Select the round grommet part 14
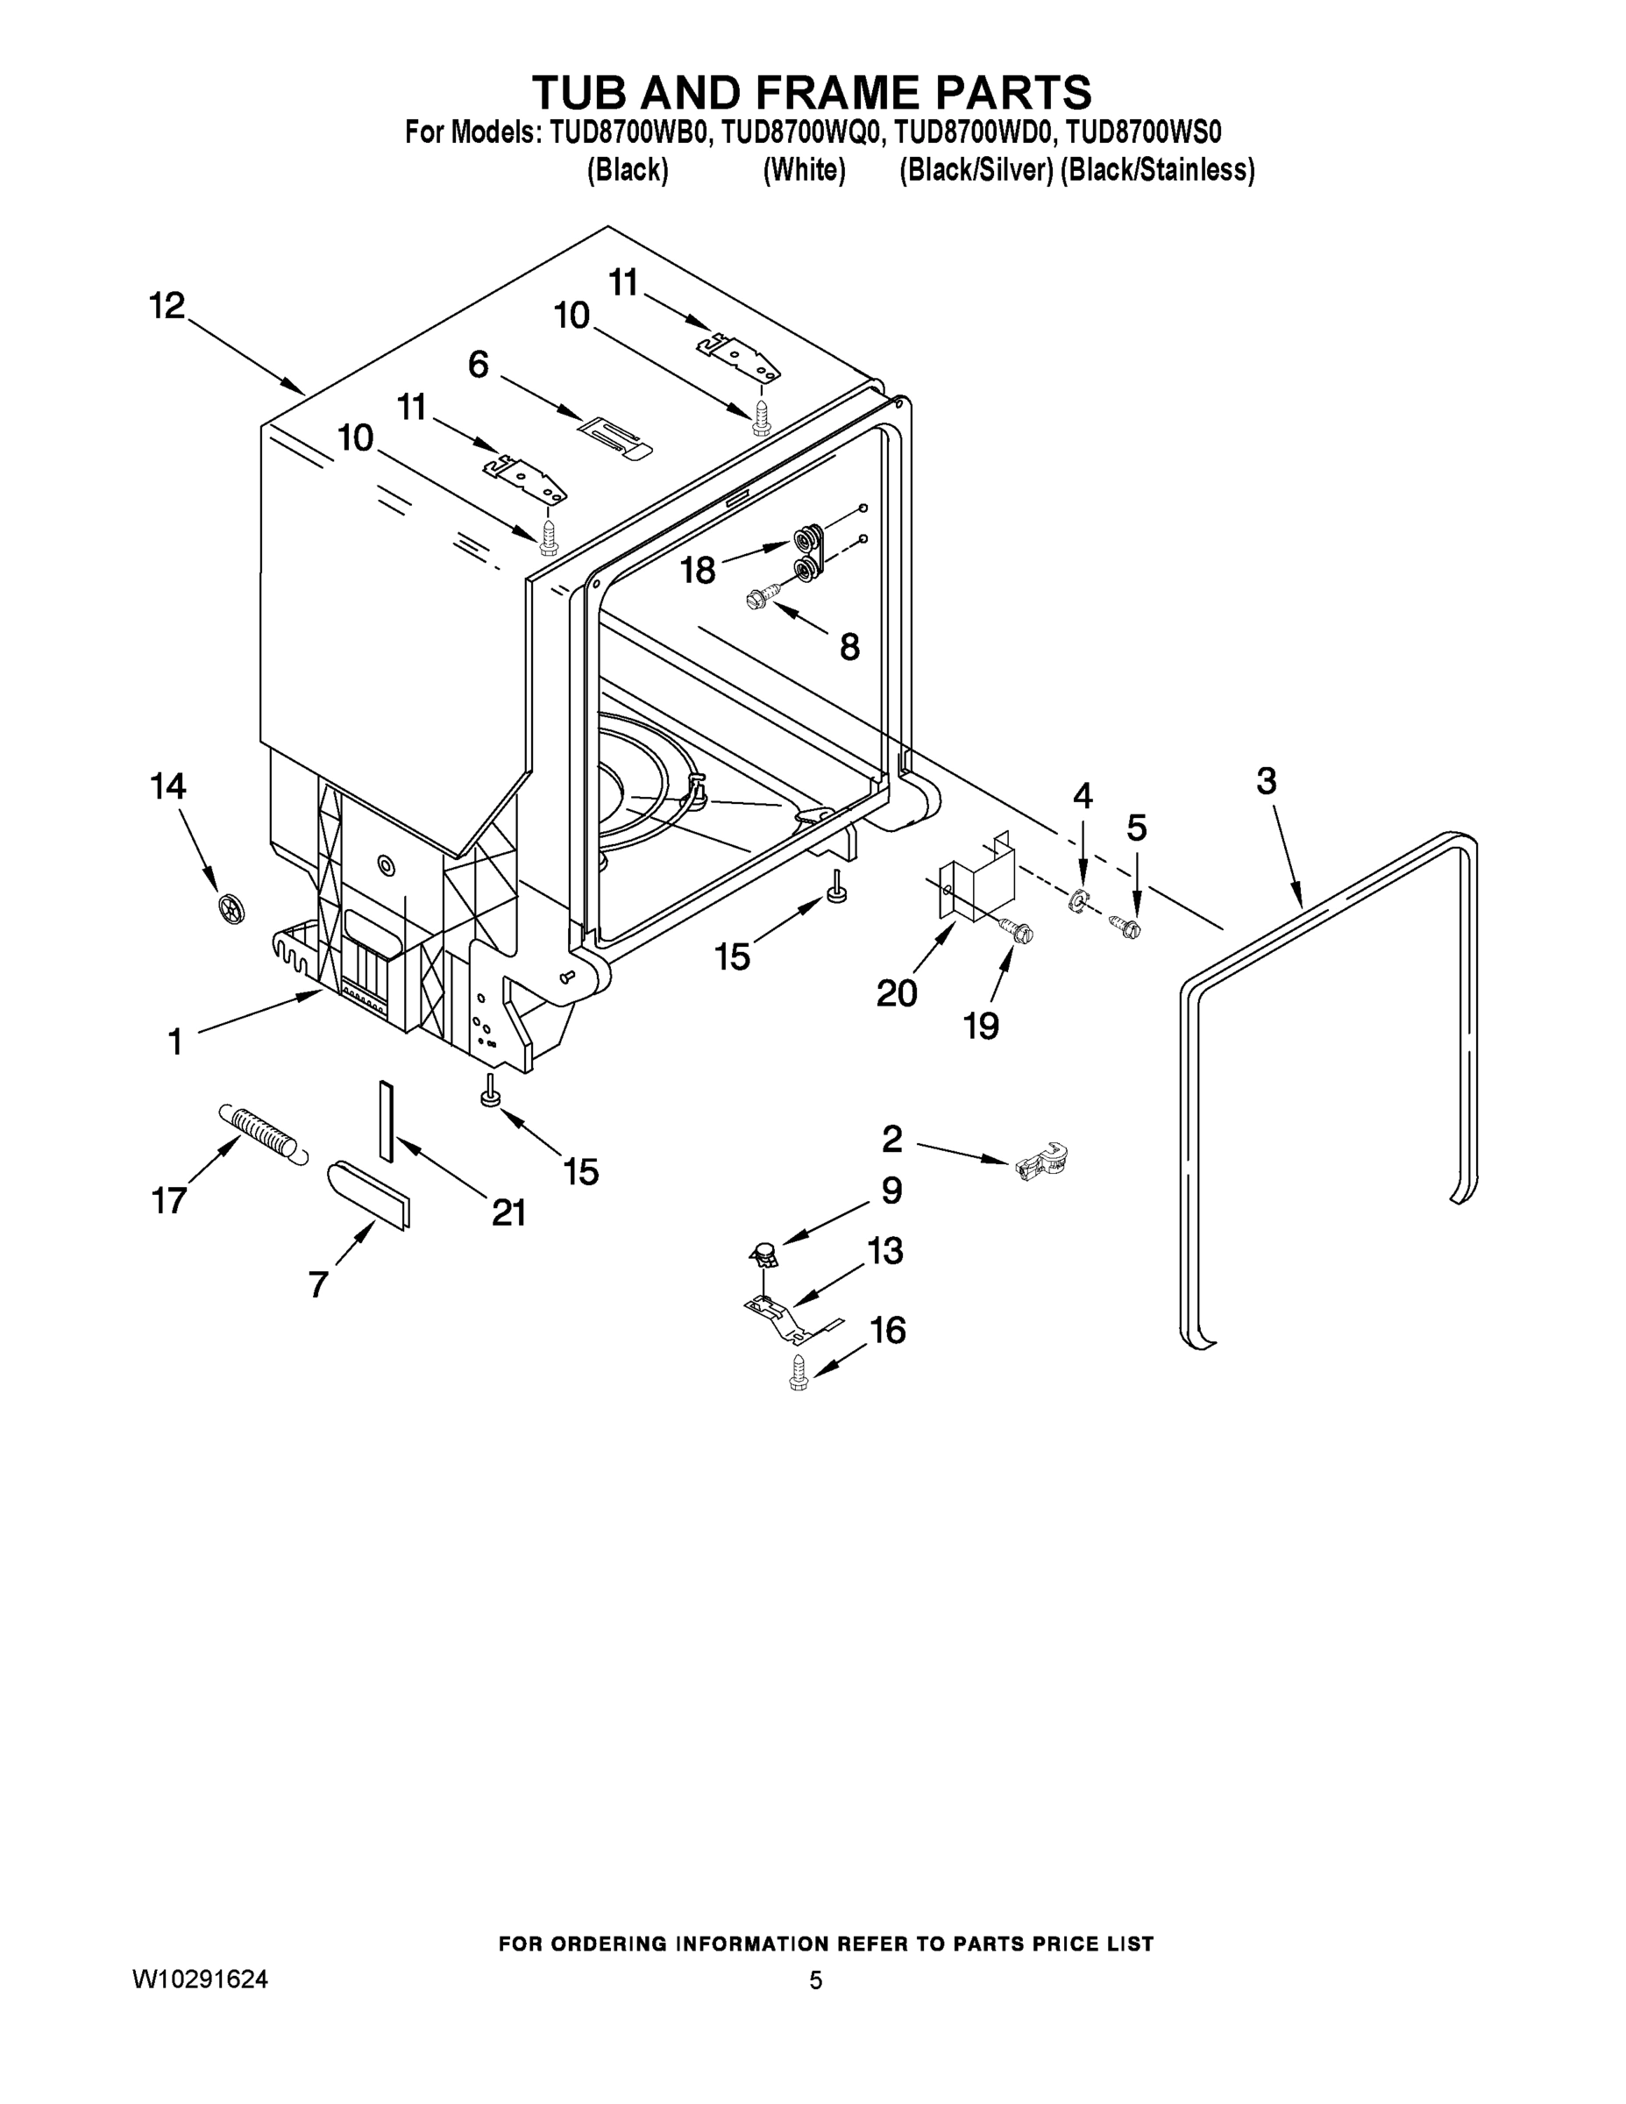point(232,906)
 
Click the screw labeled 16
point(798,1372)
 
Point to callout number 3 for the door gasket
point(1266,780)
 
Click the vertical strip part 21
point(387,1120)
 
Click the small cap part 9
point(763,1255)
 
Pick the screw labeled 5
point(1125,927)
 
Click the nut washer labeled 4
point(1080,899)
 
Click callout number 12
point(167,306)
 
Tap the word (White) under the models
point(804,171)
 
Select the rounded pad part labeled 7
point(371,1195)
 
